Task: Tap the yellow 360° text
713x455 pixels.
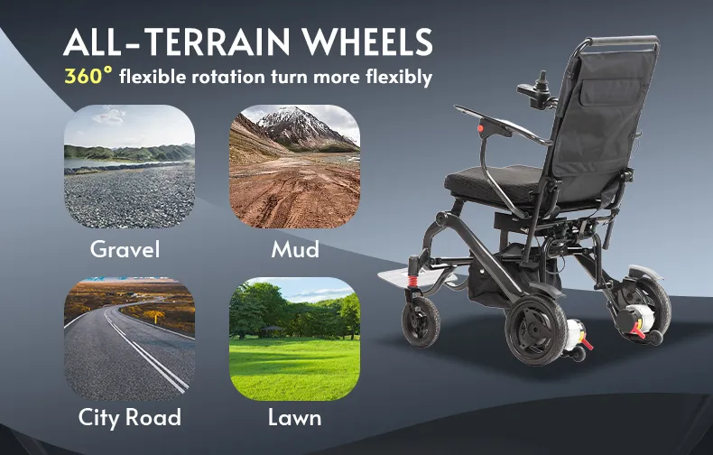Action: tap(88, 76)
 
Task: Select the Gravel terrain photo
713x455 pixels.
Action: tap(129, 167)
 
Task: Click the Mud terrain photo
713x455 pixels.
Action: tap(294, 167)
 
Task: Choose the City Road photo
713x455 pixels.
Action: tap(129, 338)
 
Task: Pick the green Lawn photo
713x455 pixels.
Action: tap(294, 338)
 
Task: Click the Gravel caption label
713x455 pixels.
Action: tap(125, 248)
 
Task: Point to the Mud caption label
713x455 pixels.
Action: tap(294, 248)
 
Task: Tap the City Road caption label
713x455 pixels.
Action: tap(128, 417)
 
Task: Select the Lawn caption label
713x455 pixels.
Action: tap(294, 418)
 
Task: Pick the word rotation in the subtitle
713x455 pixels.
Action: tap(232, 77)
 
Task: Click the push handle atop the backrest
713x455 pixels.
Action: tap(623, 42)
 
